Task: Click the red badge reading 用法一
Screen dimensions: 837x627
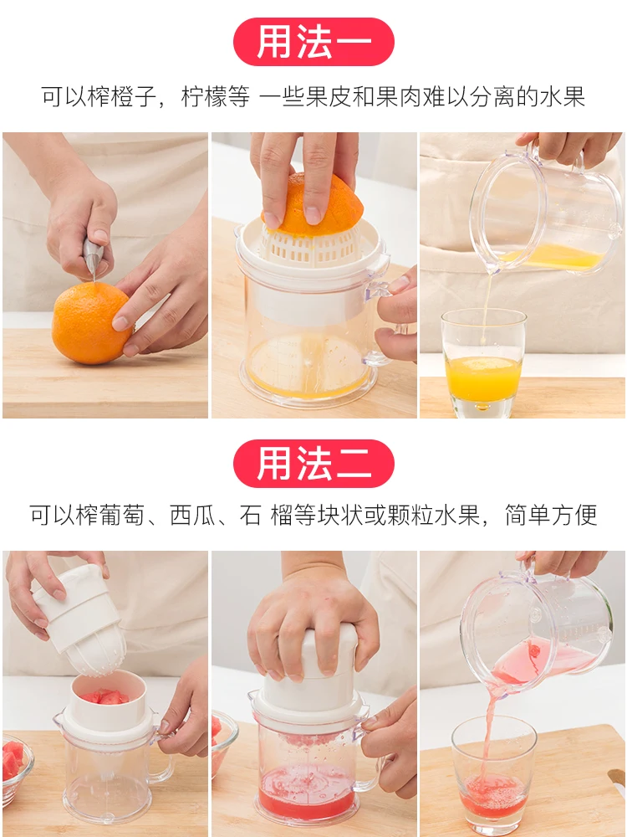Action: [x=313, y=43]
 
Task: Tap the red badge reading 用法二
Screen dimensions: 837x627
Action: [x=313, y=464]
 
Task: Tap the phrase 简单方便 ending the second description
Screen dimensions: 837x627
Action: [x=551, y=514]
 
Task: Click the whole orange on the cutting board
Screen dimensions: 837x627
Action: [x=91, y=323]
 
